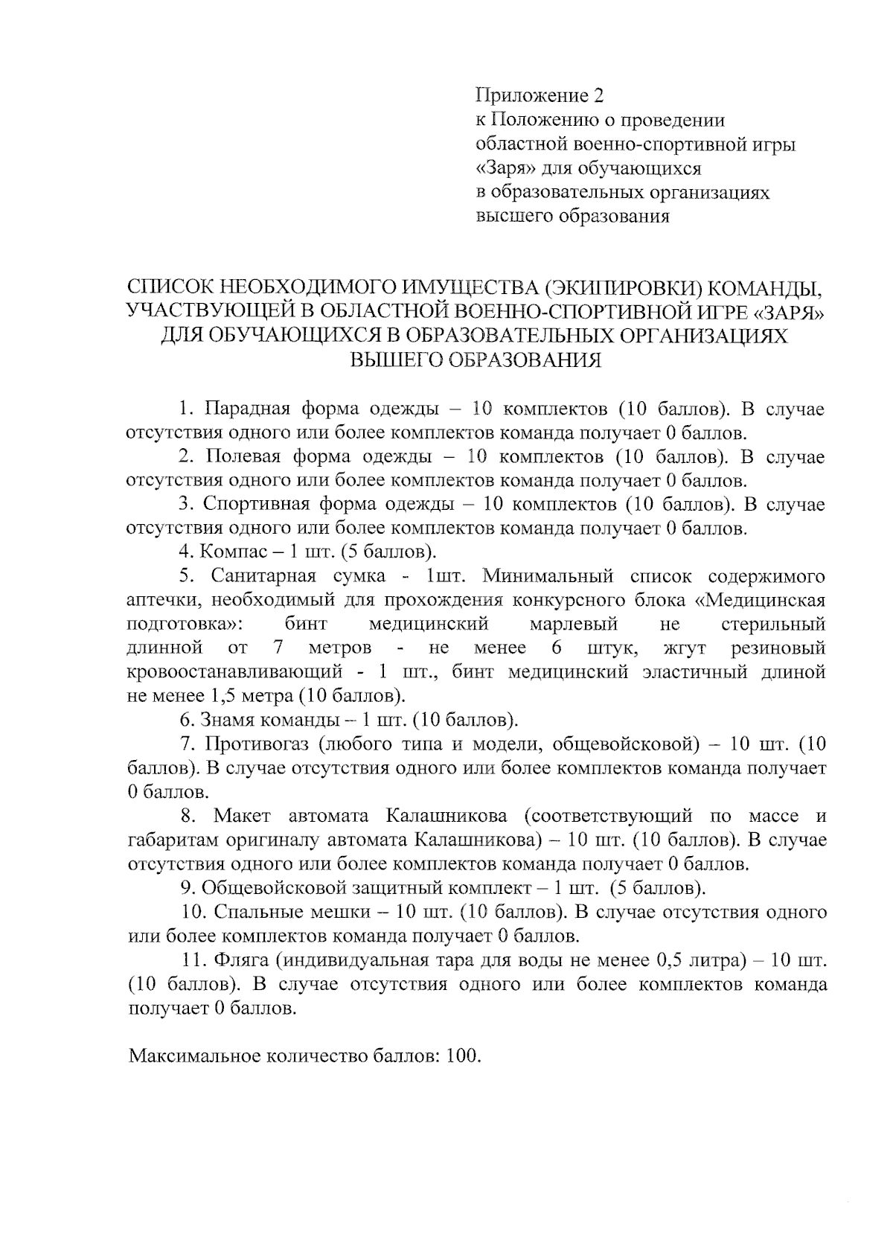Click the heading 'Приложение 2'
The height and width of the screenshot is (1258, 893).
click(540, 95)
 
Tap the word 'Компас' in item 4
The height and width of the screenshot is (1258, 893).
click(228, 552)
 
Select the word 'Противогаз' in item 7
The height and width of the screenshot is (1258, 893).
click(256, 744)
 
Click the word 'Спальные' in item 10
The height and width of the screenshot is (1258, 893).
click(252, 912)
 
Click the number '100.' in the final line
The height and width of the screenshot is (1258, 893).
click(464, 1056)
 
